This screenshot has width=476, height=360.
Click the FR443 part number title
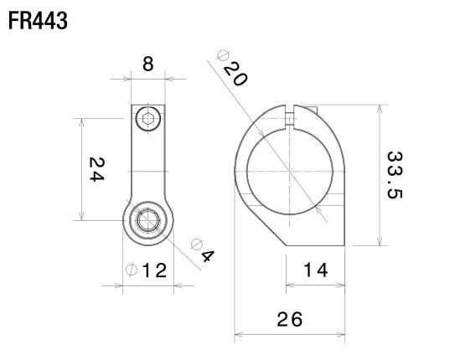[x=37, y=20]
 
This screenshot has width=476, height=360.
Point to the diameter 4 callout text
[x=202, y=250]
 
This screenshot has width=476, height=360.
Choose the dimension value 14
[x=315, y=270]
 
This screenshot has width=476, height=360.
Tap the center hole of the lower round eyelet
[x=148, y=221]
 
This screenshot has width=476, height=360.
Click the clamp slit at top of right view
[x=291, y=118]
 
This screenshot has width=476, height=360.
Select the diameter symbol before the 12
[x=130, y=270]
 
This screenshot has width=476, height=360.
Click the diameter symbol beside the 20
[x=223, y=56]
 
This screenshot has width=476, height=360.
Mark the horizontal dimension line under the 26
[x=289, y=336]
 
